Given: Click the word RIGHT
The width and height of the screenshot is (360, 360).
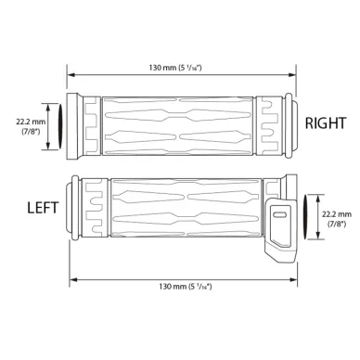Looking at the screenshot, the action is click(x=326, y=123).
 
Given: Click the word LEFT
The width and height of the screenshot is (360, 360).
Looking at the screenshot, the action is click(x=43, y=208).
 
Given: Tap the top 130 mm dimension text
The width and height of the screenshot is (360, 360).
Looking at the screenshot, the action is click(x=175, y=68).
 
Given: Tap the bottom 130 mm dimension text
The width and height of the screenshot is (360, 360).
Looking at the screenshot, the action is click(x=186, y=287).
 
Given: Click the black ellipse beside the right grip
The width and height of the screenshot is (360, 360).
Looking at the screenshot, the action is click(x=60, y=126).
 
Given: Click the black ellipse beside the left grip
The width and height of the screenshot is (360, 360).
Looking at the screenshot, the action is click(x=305, y=217).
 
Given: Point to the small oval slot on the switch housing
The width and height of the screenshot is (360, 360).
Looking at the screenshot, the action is click(x=280, y=215).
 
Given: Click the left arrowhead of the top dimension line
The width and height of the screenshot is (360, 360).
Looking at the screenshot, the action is click(x=71, y=74).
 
